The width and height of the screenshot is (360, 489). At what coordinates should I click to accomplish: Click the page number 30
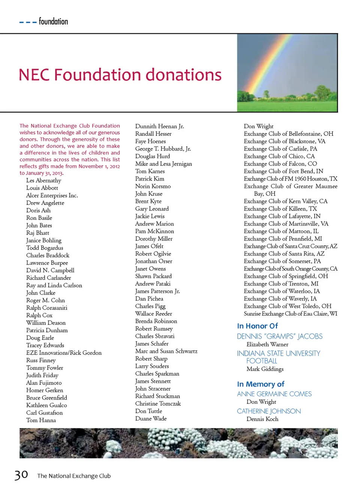coord(21,475)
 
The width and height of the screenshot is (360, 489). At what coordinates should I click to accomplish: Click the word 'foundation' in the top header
coord(53,21)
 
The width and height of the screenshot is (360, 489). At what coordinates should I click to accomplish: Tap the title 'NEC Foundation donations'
coord(120,75)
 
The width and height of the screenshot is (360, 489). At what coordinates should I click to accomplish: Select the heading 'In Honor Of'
coord(257,326)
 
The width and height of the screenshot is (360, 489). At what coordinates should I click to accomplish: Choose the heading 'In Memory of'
coord(261,384)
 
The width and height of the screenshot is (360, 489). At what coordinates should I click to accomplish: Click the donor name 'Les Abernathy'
coord(43,180)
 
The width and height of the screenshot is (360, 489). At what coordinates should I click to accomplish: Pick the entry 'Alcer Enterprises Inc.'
coord(52,195)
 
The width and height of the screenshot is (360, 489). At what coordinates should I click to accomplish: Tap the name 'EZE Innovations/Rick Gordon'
coord(64,353)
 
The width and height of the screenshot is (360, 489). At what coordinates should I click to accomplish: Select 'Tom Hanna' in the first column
coord(41,420)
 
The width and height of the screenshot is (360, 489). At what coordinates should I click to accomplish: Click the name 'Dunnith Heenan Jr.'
coord(160,126)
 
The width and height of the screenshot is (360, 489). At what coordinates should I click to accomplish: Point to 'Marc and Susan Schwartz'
coord(166,351)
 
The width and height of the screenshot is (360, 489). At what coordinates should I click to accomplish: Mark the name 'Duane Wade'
coord(151,419)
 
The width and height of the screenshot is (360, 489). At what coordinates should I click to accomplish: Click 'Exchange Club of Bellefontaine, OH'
coord(288,134)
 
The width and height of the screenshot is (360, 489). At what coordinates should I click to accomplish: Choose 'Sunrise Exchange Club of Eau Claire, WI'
coord(291,314)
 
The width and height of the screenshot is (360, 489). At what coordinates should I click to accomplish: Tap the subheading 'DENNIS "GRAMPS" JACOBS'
coord(280,336)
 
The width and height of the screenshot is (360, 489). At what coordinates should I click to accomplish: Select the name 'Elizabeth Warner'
coord(267,344)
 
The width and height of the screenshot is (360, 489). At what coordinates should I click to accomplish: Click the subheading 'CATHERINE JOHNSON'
coord(269,411)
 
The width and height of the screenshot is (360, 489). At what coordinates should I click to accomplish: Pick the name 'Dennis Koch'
coord(262,419)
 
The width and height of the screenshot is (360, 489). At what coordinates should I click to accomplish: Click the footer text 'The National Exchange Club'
coord(74,476)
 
